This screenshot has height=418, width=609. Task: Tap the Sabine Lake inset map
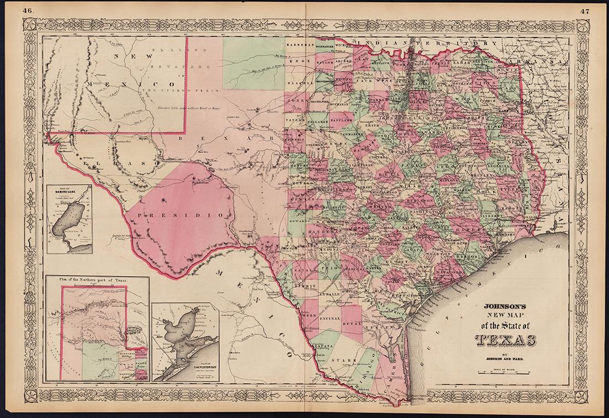coord(69,219)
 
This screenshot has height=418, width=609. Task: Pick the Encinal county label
coord(330,319)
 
